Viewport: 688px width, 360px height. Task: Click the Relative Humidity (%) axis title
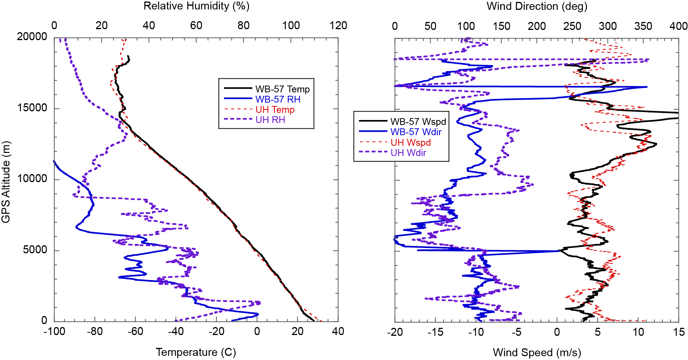click(x=196, y=6)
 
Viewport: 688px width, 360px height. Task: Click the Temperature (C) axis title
click(x=196, y=352)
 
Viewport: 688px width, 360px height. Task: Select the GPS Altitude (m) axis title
click(x=6, y=182)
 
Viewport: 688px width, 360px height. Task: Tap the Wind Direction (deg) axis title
click(x=537, y=6)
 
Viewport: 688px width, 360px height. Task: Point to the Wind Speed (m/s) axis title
click(x=537, y=352)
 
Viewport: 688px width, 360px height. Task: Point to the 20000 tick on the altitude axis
click(x=32, y=37)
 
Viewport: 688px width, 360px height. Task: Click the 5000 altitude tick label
click(x=35, y=250)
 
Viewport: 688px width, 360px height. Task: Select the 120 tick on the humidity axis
click(x=338, y=25)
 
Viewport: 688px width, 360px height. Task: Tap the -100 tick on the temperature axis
click(x=54, y=332)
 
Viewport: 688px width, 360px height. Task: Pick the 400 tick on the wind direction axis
click(x=679, y=26)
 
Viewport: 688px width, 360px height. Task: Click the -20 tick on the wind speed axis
click(x=395, y=332)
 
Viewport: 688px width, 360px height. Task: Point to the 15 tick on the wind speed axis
click(x=679, y=332)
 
